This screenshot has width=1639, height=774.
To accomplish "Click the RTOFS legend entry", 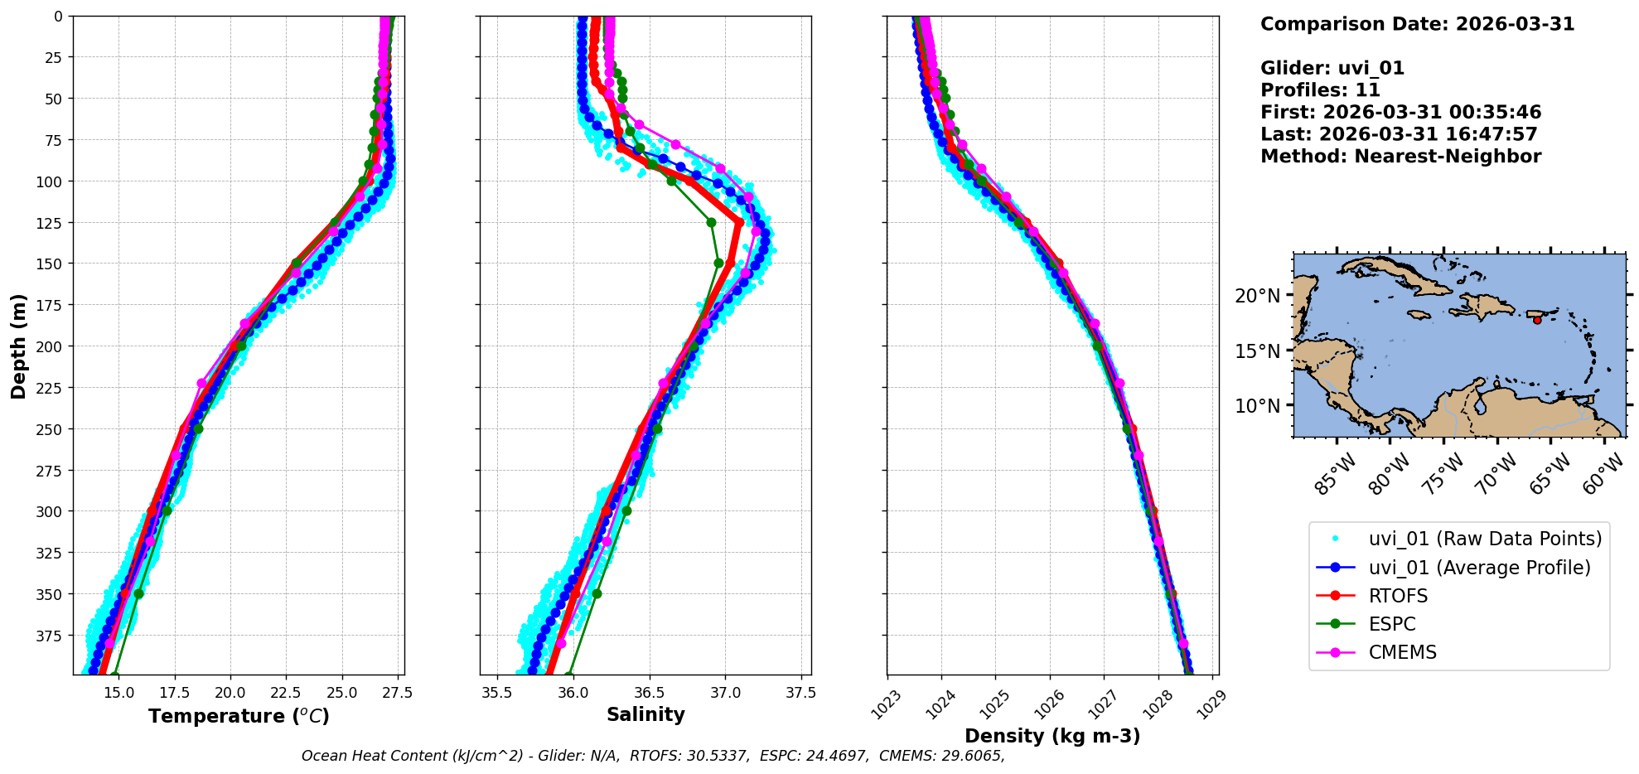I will tap(1398, 596).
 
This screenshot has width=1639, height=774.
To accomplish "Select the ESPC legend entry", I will tap(1392, 624).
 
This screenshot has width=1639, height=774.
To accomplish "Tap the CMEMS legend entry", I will tap(1402, 652).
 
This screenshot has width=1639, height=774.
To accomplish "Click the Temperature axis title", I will tap(239, 716).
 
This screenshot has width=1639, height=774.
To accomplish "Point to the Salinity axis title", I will tap(645, 714).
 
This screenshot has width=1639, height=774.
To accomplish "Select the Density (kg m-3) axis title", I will tap(1052, 736).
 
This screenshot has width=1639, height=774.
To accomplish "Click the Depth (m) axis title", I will tap(19, 346).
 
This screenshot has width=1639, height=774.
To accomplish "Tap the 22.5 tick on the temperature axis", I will tap(286, 692).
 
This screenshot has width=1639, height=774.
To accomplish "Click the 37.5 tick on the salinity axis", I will tap(800, 692).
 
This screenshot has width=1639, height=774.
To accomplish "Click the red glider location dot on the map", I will tap(1537, 320).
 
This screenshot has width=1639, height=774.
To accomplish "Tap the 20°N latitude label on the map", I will tap(1258, 296).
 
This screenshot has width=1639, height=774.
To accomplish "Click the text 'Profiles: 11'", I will tap(1320, 90).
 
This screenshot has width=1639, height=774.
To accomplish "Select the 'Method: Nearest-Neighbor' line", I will tap(1400, 157).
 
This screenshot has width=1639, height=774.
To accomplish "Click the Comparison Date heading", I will tap(1417, 24).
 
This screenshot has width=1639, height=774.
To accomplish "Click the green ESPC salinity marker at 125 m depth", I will tap(711, 222).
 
